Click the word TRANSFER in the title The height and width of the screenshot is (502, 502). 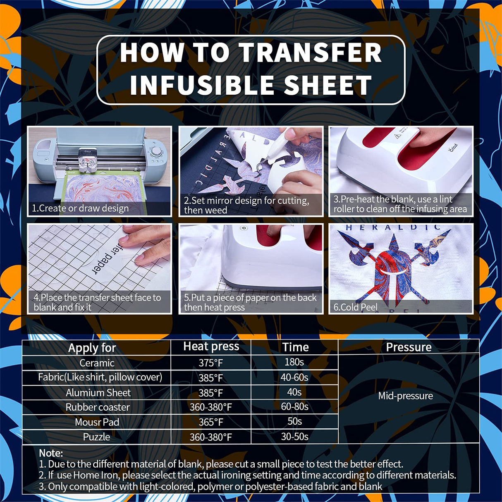coord(310,53)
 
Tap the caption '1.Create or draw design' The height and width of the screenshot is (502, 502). coord(80,208)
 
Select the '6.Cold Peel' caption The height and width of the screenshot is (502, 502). coord(355,307)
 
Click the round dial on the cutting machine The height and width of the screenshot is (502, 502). coord(156,153)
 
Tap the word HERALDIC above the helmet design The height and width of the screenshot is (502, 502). coord(393,227)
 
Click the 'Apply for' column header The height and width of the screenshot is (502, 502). coord(92,348)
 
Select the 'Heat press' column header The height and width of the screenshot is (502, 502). coord(211,347)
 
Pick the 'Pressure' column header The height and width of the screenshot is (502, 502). coord(409,347)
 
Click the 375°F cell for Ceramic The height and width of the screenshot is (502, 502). coord(210,363)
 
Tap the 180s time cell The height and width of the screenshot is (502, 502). coord(294,362)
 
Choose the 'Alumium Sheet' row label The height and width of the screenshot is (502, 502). coord(98,392)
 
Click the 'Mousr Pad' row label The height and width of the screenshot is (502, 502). coord(97,422)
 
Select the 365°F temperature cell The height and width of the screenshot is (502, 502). coord(210,422)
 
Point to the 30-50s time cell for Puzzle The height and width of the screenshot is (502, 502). coord(294,437)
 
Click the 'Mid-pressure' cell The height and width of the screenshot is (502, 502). coord(405,396)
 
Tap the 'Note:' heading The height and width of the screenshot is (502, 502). coord(51,453)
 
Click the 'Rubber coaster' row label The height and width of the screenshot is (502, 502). coord(98,407)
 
